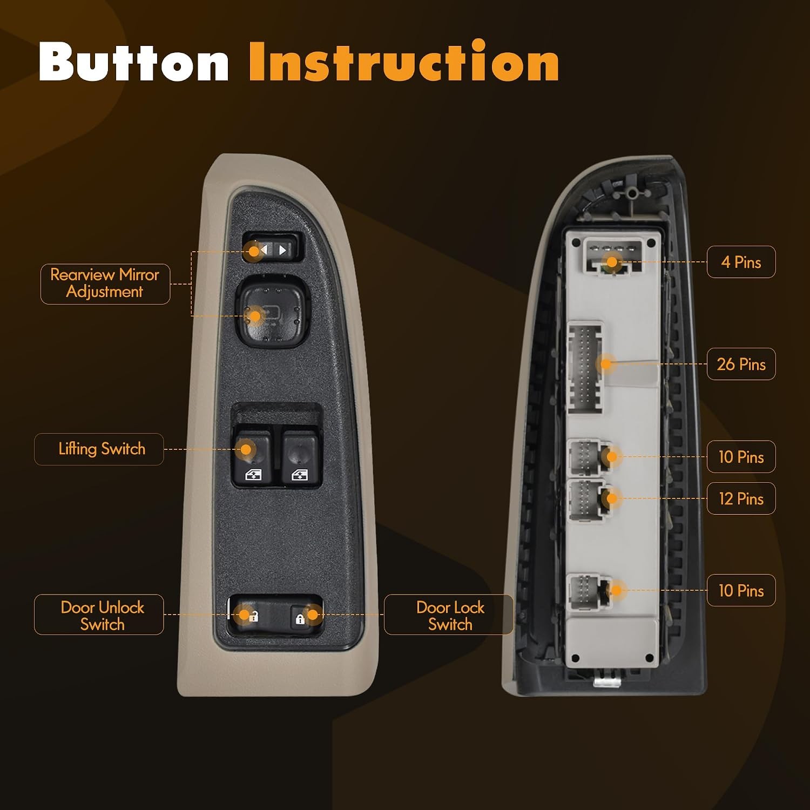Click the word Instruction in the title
pos(404,62)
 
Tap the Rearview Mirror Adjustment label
pos(105,283)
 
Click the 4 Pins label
pos(741,262)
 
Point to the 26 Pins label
pos(741,364)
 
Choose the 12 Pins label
pos(741,498)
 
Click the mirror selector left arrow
pos(264,250)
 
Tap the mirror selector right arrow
pos(283,250)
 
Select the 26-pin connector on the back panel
pos(585,367)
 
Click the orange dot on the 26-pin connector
pos(606,364)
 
